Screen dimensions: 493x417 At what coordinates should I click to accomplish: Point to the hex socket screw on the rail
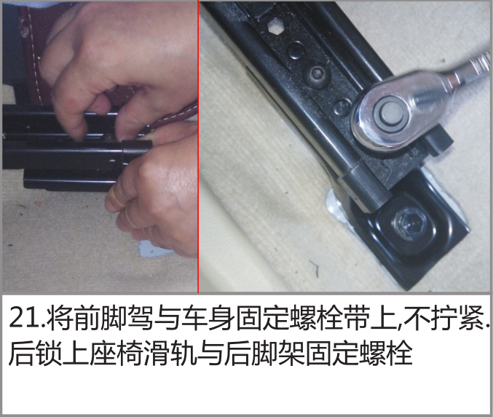[x=315, y=76]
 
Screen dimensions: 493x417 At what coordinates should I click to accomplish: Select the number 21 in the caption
[x=25, y=318]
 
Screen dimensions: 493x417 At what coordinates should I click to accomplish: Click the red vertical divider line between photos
[x=198, y=147]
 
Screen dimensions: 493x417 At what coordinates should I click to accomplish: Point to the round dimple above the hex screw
[x=296, y=50]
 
